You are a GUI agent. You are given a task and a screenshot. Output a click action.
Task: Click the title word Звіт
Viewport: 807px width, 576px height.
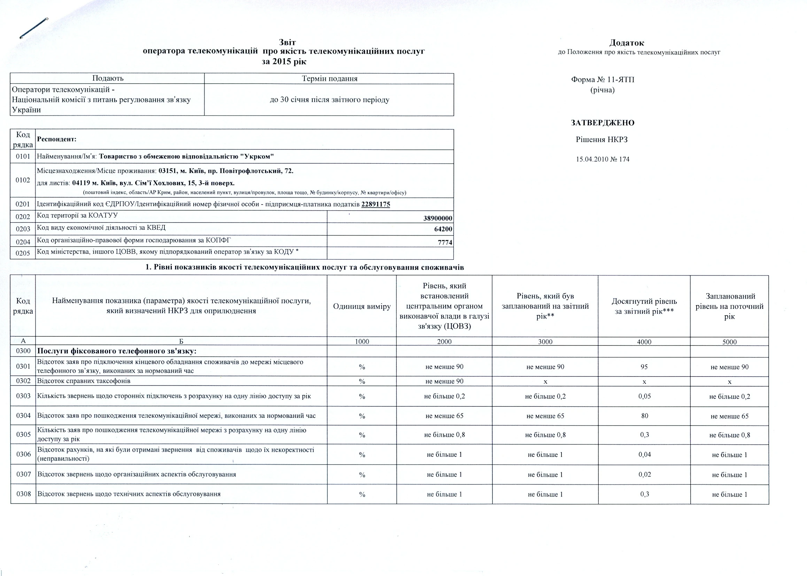coord(287,42)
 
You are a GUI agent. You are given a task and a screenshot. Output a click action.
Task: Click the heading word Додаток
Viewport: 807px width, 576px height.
coord(627,43)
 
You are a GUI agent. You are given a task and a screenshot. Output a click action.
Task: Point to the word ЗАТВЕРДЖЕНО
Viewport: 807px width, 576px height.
coord(602,123)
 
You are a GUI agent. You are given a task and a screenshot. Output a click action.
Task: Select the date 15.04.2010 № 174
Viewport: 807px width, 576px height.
coord(602,159)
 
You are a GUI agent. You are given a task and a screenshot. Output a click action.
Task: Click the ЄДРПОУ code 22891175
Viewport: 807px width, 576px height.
coord(376,204)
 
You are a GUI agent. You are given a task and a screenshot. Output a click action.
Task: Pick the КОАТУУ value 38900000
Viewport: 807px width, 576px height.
coord(438,218)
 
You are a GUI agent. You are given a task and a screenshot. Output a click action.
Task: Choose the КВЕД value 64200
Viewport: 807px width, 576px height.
coord(443,229)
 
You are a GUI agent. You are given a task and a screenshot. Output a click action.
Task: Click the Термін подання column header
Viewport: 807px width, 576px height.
coord(329,79)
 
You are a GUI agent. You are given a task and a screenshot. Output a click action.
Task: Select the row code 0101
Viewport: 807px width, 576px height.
coord(23,156)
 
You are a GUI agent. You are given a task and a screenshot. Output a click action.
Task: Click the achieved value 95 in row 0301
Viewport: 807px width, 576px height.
coord(644,367)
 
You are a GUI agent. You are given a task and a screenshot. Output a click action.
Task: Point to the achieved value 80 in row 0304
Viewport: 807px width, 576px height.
coord(644,416)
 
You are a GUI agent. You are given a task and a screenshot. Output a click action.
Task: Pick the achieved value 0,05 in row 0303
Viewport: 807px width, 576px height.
coord(644,396)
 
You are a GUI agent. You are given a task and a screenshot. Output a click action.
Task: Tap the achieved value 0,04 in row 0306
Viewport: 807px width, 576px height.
coord(644,454)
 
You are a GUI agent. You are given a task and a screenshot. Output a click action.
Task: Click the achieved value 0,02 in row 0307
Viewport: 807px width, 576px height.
coord(644,474)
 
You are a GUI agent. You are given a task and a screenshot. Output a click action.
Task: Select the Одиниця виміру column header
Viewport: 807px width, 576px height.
coord(362,306)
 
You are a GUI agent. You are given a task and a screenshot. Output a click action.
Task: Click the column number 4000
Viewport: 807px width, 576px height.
coord(644,342)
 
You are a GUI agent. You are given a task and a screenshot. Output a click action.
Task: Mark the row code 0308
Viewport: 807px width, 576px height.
coord(23,494)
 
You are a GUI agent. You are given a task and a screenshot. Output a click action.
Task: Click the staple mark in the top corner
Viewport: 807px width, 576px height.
coord(34,28)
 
